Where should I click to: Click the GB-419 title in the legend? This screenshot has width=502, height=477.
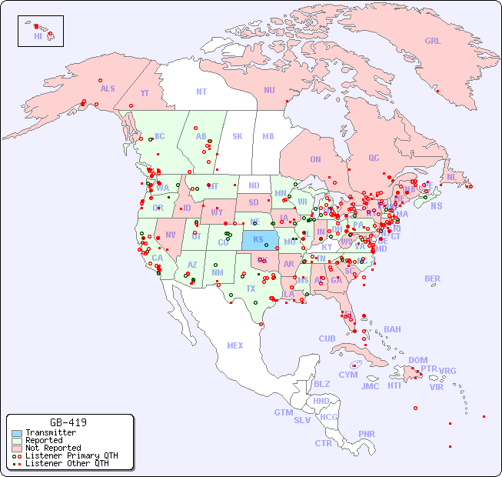pos(68,422)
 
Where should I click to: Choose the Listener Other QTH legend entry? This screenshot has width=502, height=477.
pos(66,463)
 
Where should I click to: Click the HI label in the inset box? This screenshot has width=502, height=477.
pos(38,36)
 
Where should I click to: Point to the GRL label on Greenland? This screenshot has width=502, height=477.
pos(433,42)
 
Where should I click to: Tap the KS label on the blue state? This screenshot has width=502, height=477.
pos(258,239)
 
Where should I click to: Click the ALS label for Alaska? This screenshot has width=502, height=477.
pos(108,88)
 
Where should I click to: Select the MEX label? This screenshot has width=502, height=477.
pos(235,345)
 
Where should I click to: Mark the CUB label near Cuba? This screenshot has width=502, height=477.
pos(327,339)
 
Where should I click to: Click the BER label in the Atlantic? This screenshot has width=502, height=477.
pos(433,279)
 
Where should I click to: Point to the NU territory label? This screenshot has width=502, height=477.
pos(269,90)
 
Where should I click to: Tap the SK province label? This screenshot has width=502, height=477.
pos(238,136)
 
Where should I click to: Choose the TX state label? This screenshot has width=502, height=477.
pos(251,289)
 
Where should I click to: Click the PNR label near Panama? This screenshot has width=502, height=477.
pos(367,434)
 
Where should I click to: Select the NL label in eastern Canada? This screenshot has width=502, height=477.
pos(451,177)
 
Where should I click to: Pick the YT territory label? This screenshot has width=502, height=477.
pos(145,93)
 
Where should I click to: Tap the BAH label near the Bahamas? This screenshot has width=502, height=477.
pos(392,329)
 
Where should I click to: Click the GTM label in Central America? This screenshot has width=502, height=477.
pos(283,412)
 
